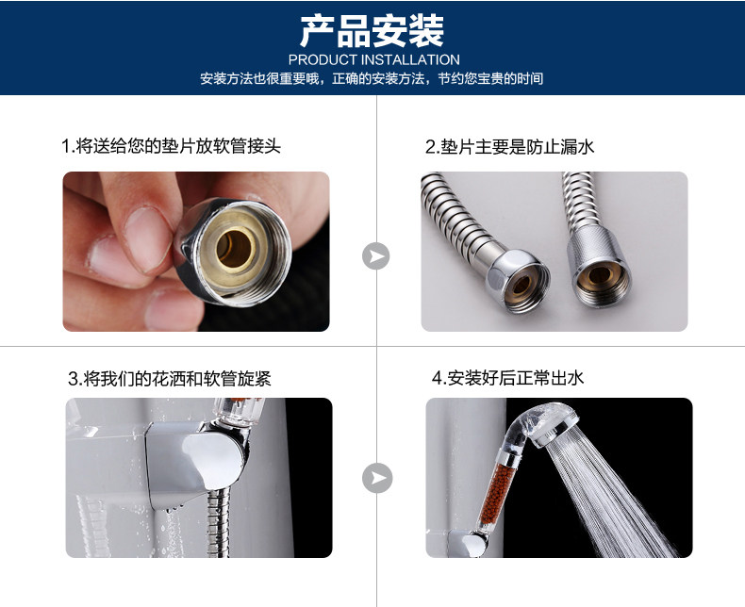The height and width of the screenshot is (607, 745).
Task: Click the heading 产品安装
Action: point(372,31)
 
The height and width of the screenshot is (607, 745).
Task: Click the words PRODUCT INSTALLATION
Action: point(372,60)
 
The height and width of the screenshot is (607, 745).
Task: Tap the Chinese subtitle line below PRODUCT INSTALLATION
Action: point(372,79)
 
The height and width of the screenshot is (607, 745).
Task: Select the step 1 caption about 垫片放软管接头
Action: point(171,147)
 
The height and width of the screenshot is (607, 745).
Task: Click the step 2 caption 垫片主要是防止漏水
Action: point(509,147)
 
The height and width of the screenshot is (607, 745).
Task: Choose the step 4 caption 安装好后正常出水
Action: point(508,379)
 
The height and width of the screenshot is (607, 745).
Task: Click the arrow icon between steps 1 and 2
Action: point(375,255)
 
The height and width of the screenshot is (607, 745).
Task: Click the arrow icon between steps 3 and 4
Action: point(376,478)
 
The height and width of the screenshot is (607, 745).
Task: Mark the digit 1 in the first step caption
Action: point(65,148)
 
